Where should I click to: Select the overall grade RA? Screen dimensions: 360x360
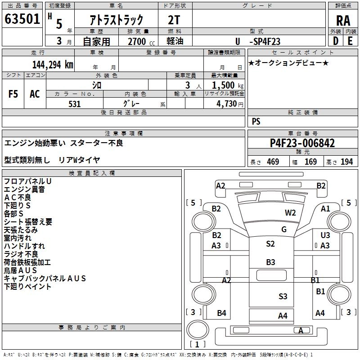[343, 21]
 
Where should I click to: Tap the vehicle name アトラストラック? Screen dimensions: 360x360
[117, 19]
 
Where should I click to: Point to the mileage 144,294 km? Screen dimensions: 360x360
[53, 64]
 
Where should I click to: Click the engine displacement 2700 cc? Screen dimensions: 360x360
[136, 41]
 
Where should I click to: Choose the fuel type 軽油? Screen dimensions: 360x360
[175, 41]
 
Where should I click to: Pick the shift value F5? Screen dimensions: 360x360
[13, 94]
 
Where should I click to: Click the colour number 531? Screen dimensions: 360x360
[74, 104]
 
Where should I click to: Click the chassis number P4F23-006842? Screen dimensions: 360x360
[302, 143]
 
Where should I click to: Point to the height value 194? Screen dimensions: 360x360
[347, 162]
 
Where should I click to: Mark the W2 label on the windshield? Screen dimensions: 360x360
[290, 213]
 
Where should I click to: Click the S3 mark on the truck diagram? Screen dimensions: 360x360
[283, 296]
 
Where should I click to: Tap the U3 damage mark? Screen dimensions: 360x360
[325, 235]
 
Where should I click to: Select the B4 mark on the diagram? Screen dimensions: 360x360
[221, 313]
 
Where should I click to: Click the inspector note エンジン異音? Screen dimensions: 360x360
[24, 189]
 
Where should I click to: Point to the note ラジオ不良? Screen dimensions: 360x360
[21, 254]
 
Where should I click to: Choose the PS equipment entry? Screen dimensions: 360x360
[256, 121]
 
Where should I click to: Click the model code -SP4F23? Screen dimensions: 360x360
[264, 41]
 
